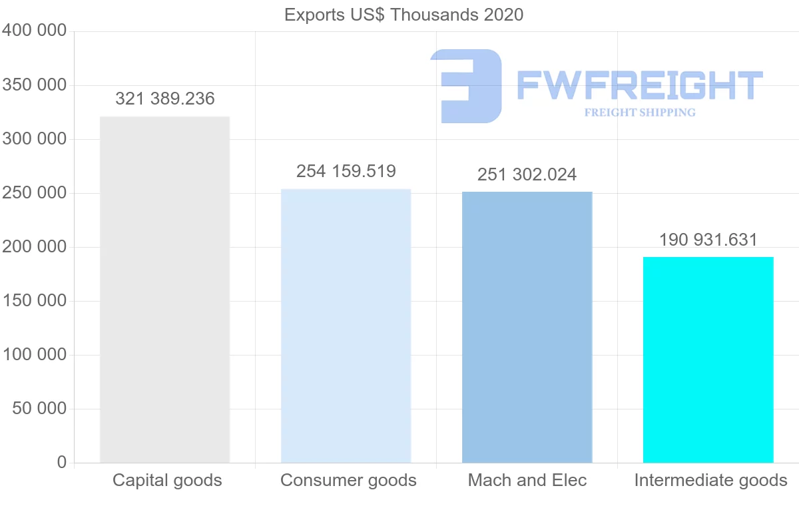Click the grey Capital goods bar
coord(164,290)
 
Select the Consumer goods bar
coord(346,326)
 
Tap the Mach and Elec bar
coord(527,327)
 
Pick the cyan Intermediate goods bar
coord(708,360)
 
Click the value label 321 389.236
coord(165,99)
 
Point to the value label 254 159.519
coord(346,171)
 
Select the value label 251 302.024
coord(527,174)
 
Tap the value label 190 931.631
coord(708,240)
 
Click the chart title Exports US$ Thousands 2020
coord(403,15)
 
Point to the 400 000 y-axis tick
coord(35,31)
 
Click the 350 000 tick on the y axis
coord(35,85)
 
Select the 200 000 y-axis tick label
coord(35,247)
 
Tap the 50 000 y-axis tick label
coord(40,408)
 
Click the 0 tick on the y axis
coord(62,462)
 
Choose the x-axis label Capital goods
coord(167,480)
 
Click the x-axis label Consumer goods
coord(348,480)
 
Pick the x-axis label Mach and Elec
coord(527,480)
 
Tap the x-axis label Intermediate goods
coord(710,480)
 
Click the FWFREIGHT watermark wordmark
coord(639,85)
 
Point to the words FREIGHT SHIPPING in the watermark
coord(640,113)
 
